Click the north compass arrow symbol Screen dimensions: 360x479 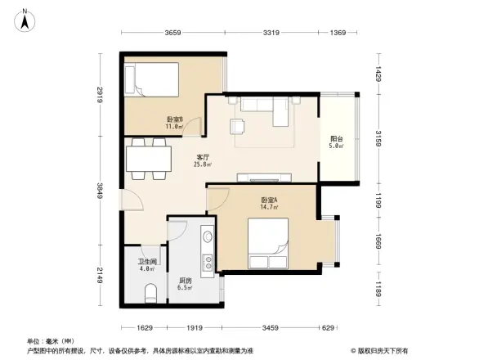[25, 19]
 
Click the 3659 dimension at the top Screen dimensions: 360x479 [172, 33]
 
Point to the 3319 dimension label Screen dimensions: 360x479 [273, 33]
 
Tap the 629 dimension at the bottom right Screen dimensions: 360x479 [327, 327]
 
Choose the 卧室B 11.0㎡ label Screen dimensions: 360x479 [173, 123]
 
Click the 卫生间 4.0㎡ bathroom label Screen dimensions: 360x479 [146, 265]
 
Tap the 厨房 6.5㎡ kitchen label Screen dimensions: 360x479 [186, 284]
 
